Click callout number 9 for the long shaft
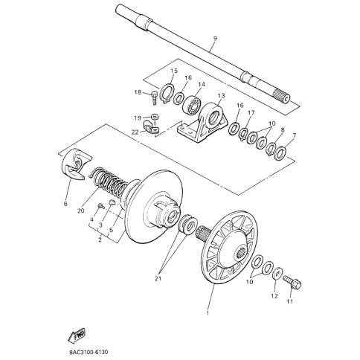click(215, 39)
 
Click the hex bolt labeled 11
click(292, 281)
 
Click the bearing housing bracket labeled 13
click(204, 123)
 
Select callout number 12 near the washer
click(274, 296)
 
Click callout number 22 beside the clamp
click(136, 132)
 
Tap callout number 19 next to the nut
click(138, 118)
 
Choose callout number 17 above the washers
click(251, 113)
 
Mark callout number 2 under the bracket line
click(99, 240)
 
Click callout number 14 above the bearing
click(201, 85)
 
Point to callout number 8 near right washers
click(281, 129)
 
